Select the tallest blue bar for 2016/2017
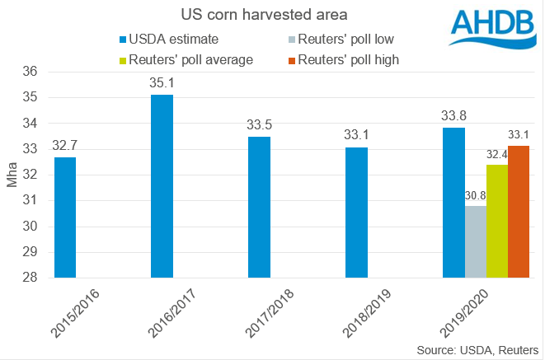click(162, 186)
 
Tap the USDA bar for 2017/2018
click(259, 207)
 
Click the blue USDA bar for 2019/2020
click(453, 203)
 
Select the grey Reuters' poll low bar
click(476, 241)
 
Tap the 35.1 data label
click(162, 82)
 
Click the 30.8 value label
click(476, 196)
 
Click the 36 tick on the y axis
click(33, 72)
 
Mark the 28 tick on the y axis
click(33, 278)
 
